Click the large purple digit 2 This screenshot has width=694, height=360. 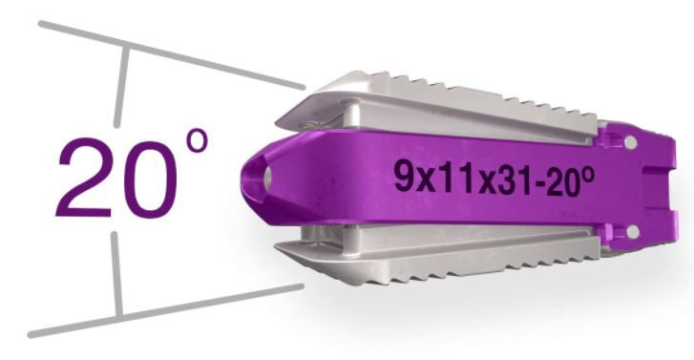pyautogui.click(x=84, y=177)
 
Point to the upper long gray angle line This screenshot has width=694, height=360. pyautogui.click(x=172, y=55)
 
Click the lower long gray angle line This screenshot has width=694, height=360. pyautogui.click(x=165, y=311)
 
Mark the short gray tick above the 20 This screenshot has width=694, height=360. pyautogui.click(x=122, y=87)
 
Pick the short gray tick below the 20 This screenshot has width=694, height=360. pyautogui.click(x=116, y=273)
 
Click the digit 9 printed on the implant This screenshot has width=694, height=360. pyautogui.click(x=403, y=176)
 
